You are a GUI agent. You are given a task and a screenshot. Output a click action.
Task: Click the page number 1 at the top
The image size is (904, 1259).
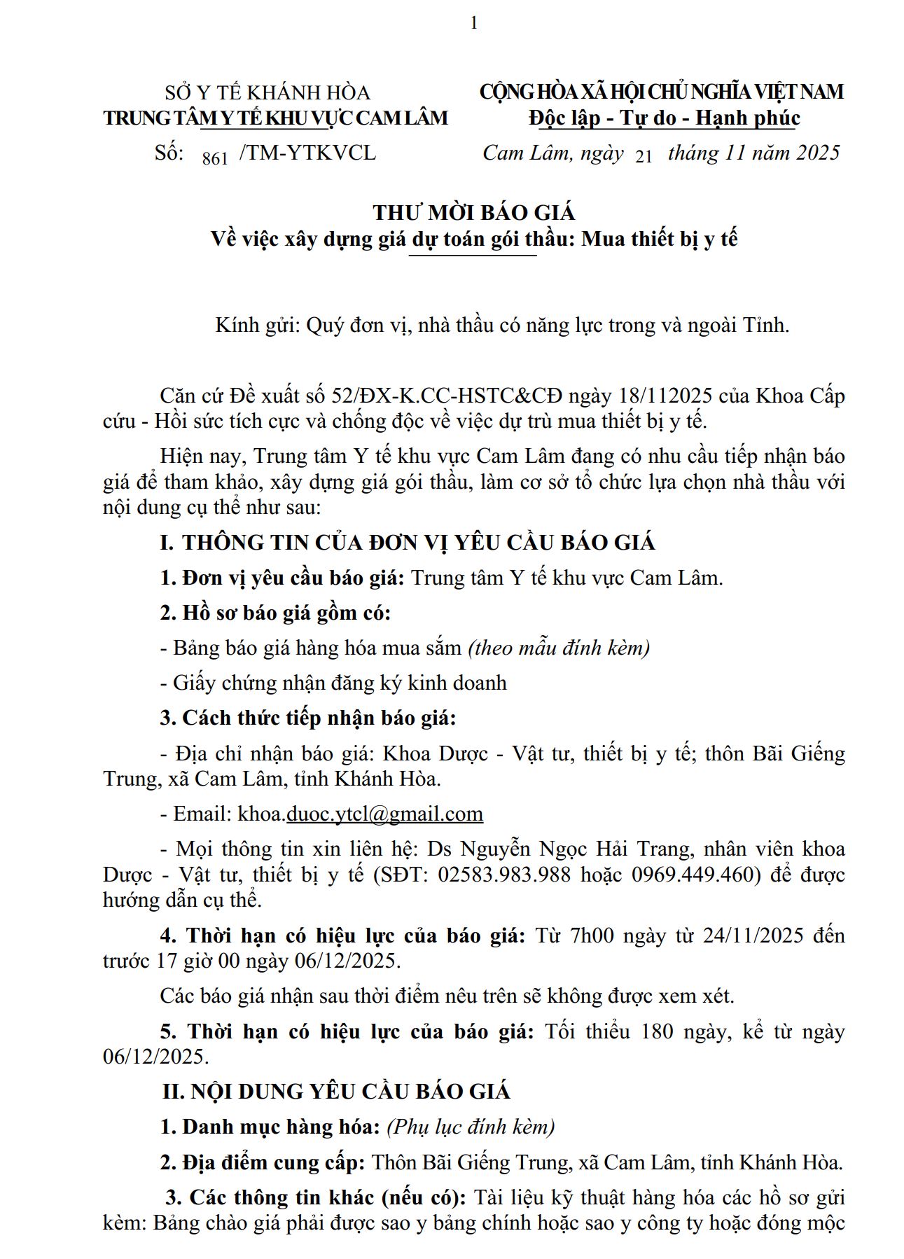point(474,23)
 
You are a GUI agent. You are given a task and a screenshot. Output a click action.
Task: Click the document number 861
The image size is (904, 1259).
point(215,158)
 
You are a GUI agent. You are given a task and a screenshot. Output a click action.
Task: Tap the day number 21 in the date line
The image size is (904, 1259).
point(644,158)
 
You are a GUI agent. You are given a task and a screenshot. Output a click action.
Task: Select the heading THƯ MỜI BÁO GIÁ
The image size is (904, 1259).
point(474,212)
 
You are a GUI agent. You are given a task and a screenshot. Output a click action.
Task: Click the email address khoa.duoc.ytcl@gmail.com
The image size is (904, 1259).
point(360,814)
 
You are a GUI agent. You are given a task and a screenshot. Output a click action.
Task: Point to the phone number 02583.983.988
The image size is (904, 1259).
point(504,875)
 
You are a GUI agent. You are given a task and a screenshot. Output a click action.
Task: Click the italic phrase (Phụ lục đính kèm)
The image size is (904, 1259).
point(471,1127)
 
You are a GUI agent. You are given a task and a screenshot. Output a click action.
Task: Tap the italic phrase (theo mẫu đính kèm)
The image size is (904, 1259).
point(559,648)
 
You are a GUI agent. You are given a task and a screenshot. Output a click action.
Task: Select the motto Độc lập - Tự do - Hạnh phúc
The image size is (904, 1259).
point(664,118)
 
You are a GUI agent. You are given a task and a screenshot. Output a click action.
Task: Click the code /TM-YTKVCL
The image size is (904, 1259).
point(307,153)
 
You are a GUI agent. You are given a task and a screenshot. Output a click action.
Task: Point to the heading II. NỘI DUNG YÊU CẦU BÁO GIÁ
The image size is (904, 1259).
point(336,1092)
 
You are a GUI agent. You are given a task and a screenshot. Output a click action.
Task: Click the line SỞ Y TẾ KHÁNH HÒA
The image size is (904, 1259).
point(267,92)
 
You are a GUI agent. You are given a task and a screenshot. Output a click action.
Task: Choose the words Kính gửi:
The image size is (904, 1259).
point(258,325)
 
